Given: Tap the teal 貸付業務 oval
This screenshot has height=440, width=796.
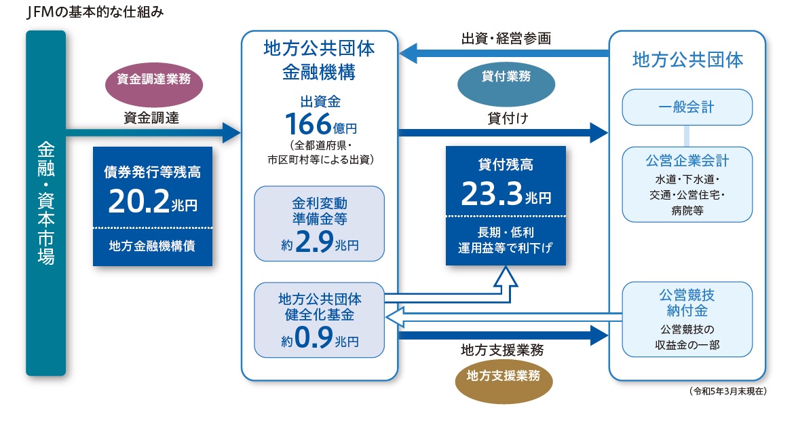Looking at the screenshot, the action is [506, 84].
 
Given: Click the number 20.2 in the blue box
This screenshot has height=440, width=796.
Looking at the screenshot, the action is [138, 201].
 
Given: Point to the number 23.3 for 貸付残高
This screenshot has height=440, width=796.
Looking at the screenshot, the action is [491, 194].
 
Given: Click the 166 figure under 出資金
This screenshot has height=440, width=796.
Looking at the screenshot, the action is [308, 124].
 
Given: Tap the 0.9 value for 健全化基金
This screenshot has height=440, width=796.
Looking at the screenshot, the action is [314, 337].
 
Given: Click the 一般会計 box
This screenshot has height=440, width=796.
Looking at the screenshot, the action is [687, 107].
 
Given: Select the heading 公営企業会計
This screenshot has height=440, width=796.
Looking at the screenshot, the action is [687, 161].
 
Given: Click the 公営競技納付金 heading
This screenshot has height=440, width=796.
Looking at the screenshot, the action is [687, 303].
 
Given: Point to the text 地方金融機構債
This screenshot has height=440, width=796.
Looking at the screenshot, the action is [152, 246].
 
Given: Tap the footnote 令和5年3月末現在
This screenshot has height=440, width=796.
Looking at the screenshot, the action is [728, 391].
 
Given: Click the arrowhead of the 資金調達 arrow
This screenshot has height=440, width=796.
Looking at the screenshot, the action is [231, 132].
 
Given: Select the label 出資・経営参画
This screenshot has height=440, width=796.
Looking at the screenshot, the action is [506, 39].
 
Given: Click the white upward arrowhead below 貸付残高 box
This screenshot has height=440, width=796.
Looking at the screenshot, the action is [505, 277].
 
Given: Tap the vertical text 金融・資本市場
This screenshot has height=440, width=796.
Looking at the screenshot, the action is [46, 203].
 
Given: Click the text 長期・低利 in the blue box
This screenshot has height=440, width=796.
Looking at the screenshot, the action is [506, 233].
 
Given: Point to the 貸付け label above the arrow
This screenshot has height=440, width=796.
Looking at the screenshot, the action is [508, 118].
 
